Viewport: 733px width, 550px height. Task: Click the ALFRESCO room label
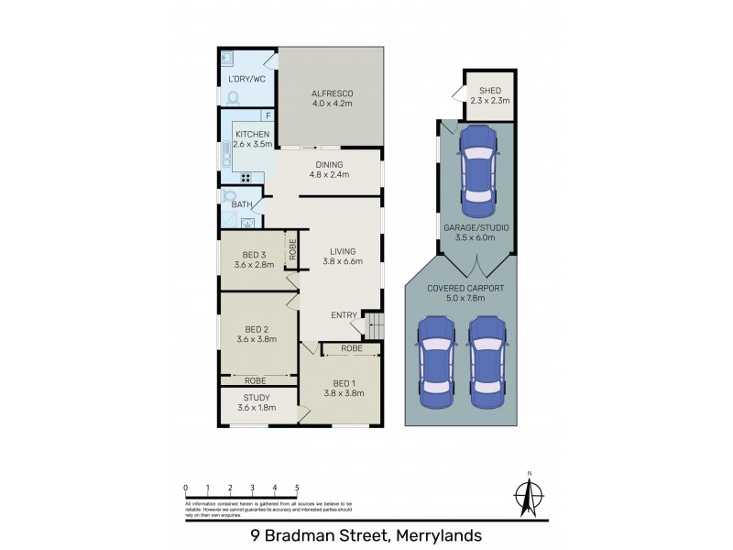[331, 94]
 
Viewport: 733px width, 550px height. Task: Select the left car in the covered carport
[437, 363]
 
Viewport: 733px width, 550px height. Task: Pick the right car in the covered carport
[487, 363]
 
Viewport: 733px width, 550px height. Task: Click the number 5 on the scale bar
[297, 487]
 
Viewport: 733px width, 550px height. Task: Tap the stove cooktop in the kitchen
[246, 178]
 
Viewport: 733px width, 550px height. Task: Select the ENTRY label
[344, 315]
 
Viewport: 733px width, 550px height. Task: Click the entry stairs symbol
[374, 325]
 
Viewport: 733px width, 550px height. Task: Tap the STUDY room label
[256, 397]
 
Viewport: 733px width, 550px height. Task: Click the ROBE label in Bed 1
[352, 349]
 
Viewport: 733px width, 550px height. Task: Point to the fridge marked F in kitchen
[268, 115]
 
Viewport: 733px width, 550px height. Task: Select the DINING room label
[331, 164]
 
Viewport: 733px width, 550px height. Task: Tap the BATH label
[241, 204]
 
